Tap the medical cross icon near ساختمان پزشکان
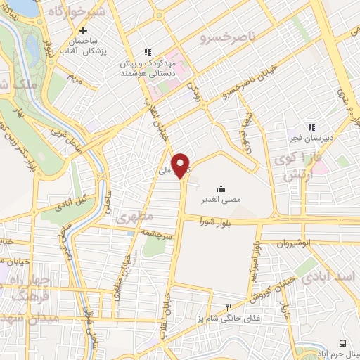84,30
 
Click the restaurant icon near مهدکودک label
147,51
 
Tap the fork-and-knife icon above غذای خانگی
228,307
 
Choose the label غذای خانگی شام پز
225,319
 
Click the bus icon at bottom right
342,342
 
